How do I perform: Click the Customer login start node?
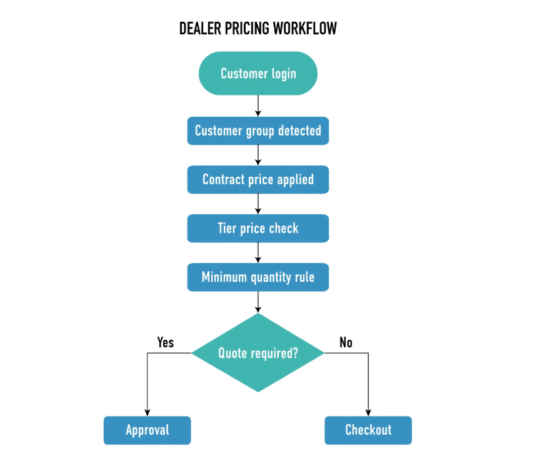pyautogui.click(x=258, y=73)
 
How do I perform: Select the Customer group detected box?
pyautogui.click(x=258, y=131)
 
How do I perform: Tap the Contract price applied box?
pyautogui.click(x=258, y=180)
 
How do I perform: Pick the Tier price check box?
pyautogui.click(x=258, y=229)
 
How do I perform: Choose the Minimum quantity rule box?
pyautogui.click(x=258, y=277)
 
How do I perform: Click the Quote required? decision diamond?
pyautogui.click(x=258, y=353)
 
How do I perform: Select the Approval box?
pyautogui.click(x=147, y=430)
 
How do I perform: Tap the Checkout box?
pyautogui.click(x=368, y=430)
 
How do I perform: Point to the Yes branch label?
pyautogui.click(x=165, y=342)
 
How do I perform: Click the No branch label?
pyautogui.click(x=346, y=342)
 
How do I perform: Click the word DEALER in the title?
pyautogui.click(x=200, y=29)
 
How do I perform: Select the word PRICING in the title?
pyautogui.click(x=247, y=29)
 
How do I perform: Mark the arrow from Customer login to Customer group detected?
pyautogui.click(x=258, y=106)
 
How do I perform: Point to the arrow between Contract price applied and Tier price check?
pyautogui.click(x=258, y=204)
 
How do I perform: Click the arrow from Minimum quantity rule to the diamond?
pyautogui.click(x=258, y=302)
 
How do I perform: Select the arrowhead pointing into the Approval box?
pyautogui.click(x=147, y=413)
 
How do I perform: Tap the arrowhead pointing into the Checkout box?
pyautogui.click(x=368, y=413)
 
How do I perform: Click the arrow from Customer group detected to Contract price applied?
pyautogui.click(x=258, y=155)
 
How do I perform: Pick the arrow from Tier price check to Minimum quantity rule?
pyautogui.click(x=258, y=253)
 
